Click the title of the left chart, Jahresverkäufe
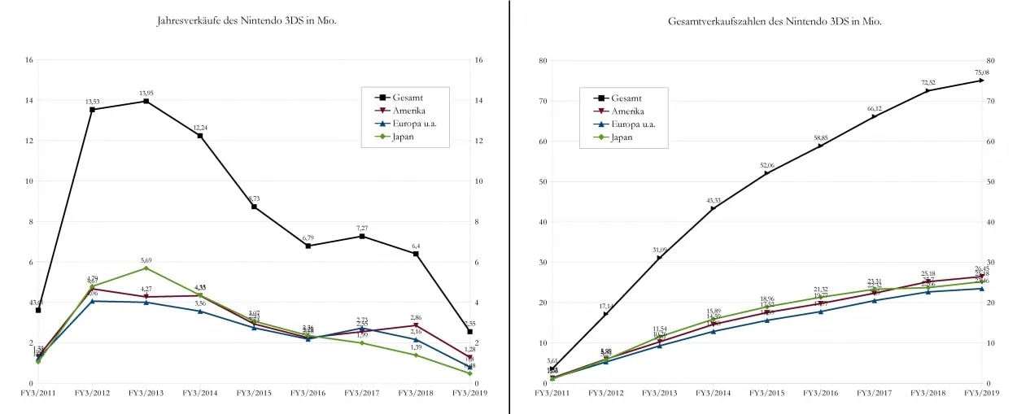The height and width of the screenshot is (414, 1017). tap(247, 20)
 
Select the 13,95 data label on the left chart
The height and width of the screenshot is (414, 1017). tap(146, 93)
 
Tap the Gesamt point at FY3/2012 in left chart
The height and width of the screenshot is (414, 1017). tap(92, 109)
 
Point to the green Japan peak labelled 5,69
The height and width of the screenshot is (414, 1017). tap(146, 268)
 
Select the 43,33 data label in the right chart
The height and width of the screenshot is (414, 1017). tap(713, 200)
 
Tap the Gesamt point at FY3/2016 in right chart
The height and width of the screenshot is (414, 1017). tap(820, 146)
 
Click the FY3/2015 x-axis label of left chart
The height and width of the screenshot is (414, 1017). tap(254, 393)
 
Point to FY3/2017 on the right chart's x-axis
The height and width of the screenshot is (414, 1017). tap(874, 393)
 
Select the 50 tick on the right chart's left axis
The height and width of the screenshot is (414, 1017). tap(543, 181)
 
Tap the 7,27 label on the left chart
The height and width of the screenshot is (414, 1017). tap(362, 228)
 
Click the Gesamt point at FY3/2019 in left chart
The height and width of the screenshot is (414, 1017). tap(469, 332)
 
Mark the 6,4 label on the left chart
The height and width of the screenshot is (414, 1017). tap(416, 246)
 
